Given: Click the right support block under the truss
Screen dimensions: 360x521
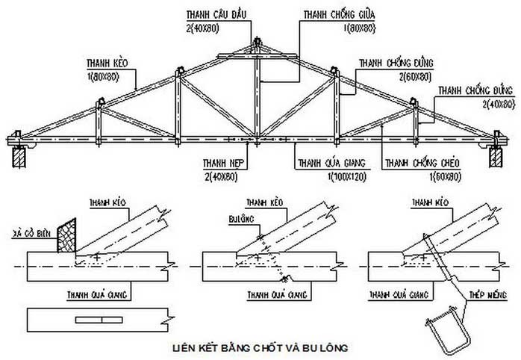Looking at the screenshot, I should coord(493,158).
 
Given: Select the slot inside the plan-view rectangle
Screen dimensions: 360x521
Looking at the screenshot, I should coord(99,320).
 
